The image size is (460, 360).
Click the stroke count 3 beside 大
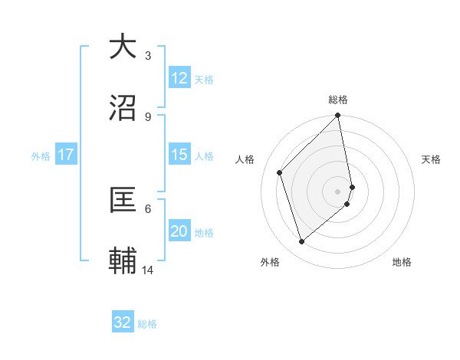point(147,55)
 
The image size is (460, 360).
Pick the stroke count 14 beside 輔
point(148,270)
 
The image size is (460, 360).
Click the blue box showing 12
point(179,77)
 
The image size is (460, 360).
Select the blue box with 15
point(179,154)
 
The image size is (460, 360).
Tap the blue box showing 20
point(179,231)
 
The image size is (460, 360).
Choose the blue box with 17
point(66,155)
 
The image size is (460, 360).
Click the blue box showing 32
point(123,322)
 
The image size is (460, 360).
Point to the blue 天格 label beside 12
point(204,79)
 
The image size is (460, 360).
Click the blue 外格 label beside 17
point(41,155)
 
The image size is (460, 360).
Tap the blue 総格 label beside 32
point(147,323)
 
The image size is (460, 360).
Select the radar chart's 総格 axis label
point(338,100)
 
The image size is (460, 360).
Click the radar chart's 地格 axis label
point(402,262)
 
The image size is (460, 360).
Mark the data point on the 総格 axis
point(338,116)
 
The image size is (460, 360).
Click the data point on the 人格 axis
point(280,172)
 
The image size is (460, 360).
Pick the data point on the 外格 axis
point(302,242)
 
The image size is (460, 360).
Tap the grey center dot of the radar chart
point(338,191)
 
